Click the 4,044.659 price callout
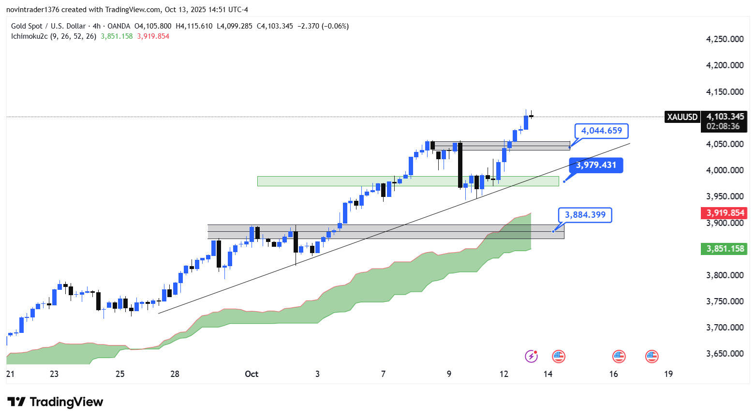point(601,131)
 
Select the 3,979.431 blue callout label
point(596,165)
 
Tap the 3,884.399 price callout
point(585,215)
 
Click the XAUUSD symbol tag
point(682,117)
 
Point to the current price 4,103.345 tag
point(725,117)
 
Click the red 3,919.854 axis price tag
point(725,213)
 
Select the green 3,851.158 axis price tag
point(725,249)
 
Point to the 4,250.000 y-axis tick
point(725,39)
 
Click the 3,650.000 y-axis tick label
point(725,354)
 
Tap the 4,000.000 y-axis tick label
point(725,170)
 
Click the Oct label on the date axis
point(252,374)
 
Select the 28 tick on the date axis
point(175,374)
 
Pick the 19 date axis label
point(668,374)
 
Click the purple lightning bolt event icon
point(531,357)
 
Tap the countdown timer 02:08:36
point(723,126)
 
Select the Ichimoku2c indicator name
point(29,36)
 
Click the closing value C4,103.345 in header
point(275,26)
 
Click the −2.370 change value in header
point(308,26)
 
